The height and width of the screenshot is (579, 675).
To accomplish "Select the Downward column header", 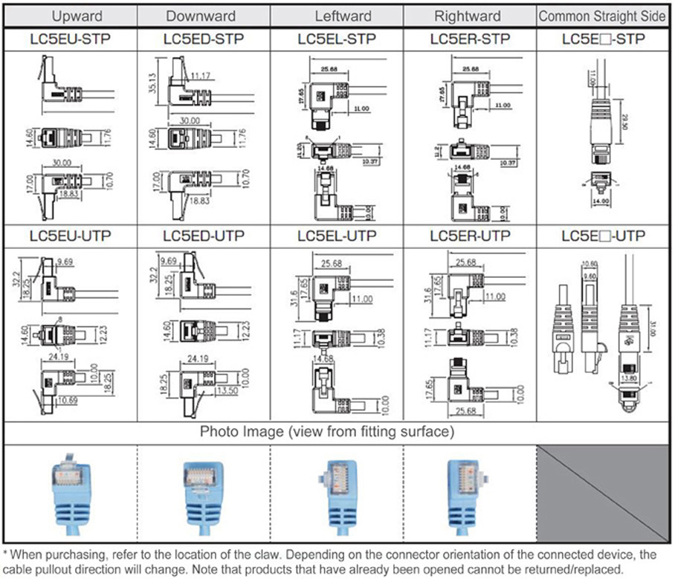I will click(201, 16).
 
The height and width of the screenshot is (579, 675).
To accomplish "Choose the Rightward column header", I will click(469, 16).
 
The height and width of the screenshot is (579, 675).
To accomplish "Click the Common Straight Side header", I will click(603, 16).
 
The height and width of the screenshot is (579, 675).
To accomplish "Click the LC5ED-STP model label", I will click(203, 39).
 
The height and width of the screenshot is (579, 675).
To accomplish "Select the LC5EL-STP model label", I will click(337, 39).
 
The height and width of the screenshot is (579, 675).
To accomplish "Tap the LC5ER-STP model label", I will click(470, 39).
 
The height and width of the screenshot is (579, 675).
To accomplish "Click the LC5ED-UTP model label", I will click(203, 236).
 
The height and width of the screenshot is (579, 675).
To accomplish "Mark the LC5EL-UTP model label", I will click(337, 236).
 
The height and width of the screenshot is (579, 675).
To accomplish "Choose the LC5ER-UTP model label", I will click(470, 236).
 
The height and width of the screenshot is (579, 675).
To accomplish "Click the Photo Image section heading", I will click(326, 432).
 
